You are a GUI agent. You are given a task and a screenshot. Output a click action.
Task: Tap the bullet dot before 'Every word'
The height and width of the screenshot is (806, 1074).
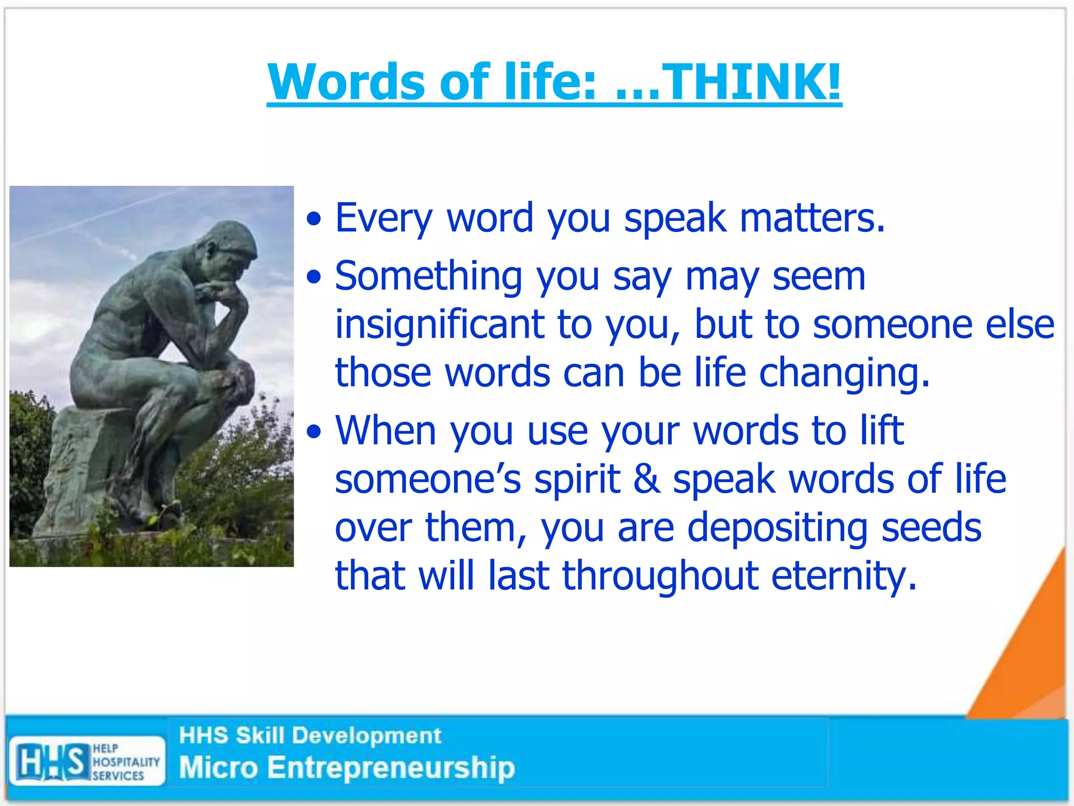coord(314,219)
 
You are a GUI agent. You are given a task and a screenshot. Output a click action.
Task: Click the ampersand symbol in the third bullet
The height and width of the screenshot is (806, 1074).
coord(647,479)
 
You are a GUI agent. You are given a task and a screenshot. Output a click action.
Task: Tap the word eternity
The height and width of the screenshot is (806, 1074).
coord(844,576)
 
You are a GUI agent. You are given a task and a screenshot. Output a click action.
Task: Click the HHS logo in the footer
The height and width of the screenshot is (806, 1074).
coord(52,761)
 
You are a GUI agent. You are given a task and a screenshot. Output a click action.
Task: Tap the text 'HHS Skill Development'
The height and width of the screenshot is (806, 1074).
coord(310,735)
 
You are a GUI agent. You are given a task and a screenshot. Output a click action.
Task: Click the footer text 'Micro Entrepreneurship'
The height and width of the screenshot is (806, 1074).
coord(347,768)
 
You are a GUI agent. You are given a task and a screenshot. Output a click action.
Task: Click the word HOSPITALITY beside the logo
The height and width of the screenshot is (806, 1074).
coord(126,761)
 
